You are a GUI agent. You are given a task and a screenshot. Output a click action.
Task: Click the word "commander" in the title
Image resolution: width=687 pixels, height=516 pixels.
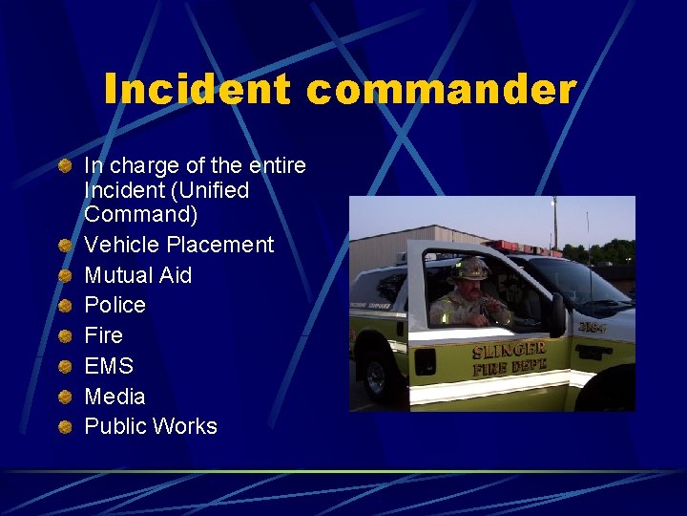coord(442,90)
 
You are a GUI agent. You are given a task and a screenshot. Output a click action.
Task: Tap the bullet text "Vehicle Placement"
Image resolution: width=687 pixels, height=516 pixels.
coord(178,245)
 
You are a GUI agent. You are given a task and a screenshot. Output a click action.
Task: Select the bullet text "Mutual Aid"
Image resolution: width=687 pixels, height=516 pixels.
coord(137,275)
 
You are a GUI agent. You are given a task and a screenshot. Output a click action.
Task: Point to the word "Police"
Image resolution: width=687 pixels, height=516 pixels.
coord(114,306)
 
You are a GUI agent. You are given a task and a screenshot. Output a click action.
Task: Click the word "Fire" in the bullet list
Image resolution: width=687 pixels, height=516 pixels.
coord(103,335)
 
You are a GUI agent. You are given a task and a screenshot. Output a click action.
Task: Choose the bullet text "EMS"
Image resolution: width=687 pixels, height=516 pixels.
coord(109,366)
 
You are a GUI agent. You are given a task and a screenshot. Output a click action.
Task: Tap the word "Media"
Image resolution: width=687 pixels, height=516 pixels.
coord(114,397)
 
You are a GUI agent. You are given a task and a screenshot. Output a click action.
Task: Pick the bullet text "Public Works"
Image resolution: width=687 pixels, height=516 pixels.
coord(151,427)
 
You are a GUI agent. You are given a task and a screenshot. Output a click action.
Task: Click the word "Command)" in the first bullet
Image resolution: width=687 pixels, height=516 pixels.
coord(140,215)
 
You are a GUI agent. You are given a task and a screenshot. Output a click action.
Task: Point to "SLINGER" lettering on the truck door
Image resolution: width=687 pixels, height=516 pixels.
coord(508,351)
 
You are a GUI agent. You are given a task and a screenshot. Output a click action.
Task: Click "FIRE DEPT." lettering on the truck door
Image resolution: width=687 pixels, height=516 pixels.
coord(510,368)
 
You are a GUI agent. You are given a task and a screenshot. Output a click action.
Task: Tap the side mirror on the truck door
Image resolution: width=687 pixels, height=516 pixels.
coord(556,314)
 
